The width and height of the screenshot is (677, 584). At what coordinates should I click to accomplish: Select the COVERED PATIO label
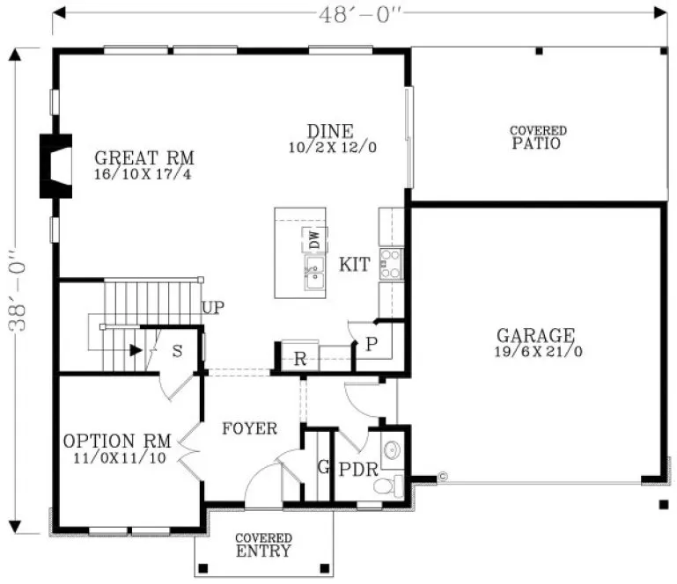pos(537,137)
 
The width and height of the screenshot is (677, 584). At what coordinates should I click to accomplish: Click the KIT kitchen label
pos(354,265)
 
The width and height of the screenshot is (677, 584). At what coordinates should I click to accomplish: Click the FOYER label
pos(249,429)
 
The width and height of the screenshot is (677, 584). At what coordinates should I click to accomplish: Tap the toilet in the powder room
pos(387,485)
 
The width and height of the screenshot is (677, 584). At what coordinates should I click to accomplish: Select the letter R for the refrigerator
pos(299,358)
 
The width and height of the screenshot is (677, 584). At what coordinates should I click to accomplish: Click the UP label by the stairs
pos(212,309)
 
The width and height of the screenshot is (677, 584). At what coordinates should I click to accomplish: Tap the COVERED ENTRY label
pos(263,545)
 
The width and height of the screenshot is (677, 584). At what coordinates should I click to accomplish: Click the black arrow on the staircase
pos(135,350)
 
